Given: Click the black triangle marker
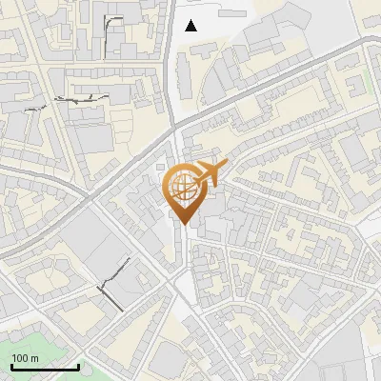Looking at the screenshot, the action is coord(191,26).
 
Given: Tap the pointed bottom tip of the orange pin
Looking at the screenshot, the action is coord(182,225).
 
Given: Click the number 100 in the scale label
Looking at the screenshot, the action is coord(20,358).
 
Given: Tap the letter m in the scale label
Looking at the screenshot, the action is coord(35,358).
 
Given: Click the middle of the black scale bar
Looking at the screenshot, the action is coord(45,367).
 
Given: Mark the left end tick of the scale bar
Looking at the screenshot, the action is coord(11,366).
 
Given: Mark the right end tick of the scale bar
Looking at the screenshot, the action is coord(78,366).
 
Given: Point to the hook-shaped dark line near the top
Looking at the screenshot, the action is coord(110,23).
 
